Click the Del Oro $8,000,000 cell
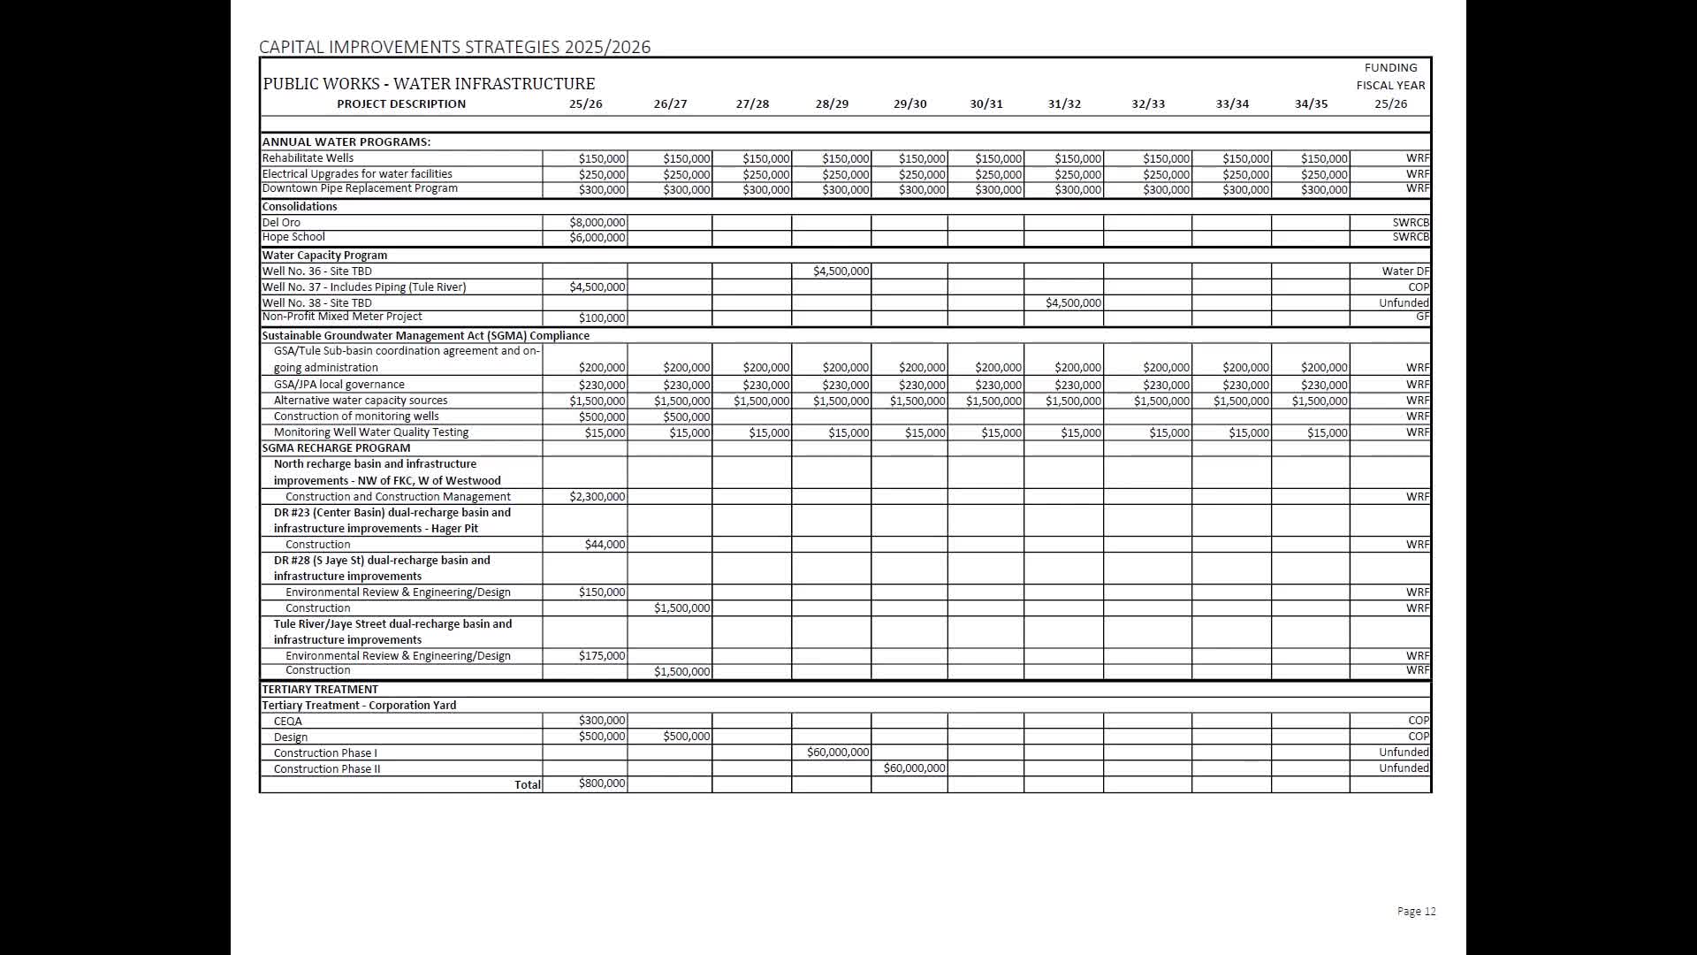[x=597, y=223]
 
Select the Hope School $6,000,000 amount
[x=597, y=238]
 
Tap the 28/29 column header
[x=832, y=104]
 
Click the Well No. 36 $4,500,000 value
[x=841, y=271]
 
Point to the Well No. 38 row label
[x=316, y=302]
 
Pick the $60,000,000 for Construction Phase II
[x=914, y=768]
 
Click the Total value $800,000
[x=601, y=783]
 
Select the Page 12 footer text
[x=1416, y=912]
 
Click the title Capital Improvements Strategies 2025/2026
[x=454, y=48]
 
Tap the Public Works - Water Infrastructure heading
[x=429, y=84]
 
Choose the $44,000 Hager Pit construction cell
[x=605, y=545]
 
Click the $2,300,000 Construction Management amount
[x=597, y=497]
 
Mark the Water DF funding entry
[x=1404, y=271]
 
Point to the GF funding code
[x=1421, y=317]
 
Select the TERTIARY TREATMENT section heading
[x=320, y=690]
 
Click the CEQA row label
[x=287, y=722]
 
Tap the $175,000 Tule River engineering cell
[x=601, y=656]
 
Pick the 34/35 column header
[x=1311, y=104]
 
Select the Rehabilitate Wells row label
[x=308, y=158]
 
